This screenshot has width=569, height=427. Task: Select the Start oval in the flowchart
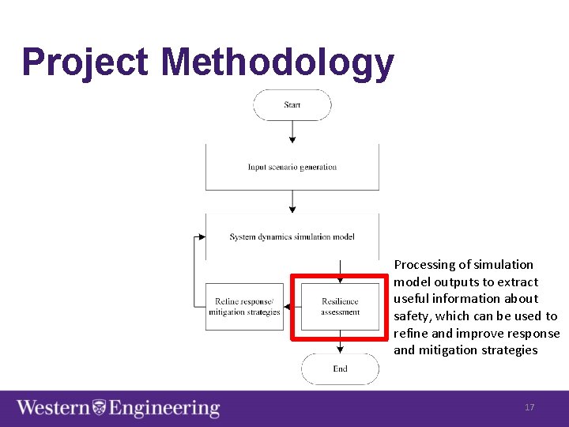pyautogui.click(x=292, y=105)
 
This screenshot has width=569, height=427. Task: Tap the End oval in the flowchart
pyautogui.click(x=340, y=368)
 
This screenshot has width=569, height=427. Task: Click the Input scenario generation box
pyautogui.click(x=292, y=167)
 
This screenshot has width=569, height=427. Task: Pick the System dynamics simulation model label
pyautogui.click(x=292, y=236)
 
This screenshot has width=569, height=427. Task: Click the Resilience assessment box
pyautogui.click(x=340, y=307)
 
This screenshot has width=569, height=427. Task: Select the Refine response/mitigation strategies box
pyautogui.click(x=244, y=307)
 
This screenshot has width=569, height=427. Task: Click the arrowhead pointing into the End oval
pyautogui.click(x=340, y=349)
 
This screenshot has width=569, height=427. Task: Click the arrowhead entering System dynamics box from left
pyautogui.click(x=201, y=236)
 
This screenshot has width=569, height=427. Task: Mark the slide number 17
pyautogui.click(x=529, y=407)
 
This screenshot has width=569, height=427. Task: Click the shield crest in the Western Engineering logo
pyautogui.click(x=100, y=408)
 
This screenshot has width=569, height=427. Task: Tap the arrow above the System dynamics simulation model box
pyautogui.click(x=292, y=202)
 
